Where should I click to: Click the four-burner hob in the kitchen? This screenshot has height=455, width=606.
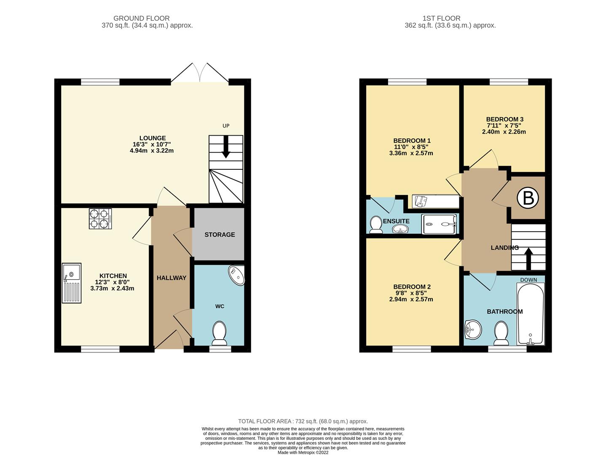click(x=100, y=219)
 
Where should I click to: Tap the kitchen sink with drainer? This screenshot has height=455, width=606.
click(x=71, y=283)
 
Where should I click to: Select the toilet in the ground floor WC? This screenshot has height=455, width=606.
click(x=219, y=332)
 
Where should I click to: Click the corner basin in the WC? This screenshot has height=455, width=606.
click(x=237, y=275)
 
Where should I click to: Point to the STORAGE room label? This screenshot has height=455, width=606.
click(x=220, y=235)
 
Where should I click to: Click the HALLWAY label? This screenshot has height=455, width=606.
click(x=172, y=278)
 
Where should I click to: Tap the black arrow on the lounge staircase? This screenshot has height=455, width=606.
click(x=226, y=148)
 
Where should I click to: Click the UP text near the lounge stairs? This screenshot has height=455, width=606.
click(x=226, y=126)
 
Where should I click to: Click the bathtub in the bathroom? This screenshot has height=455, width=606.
click(x=530, y=314)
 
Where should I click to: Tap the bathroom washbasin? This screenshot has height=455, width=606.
click(x=473, y=329)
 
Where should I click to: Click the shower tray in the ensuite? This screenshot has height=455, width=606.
click(x=440, y=224)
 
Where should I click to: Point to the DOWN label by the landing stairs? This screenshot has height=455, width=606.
click(x=528, y=280)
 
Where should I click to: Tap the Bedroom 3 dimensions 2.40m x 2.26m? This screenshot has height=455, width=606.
click(x=504, y=132)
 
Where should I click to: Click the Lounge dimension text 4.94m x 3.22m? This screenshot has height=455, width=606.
click(x=152, y=150)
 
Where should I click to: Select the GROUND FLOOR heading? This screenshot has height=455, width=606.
click(x=142, y=18)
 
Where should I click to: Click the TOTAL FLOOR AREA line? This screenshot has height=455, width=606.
click(x=303, y=421)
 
